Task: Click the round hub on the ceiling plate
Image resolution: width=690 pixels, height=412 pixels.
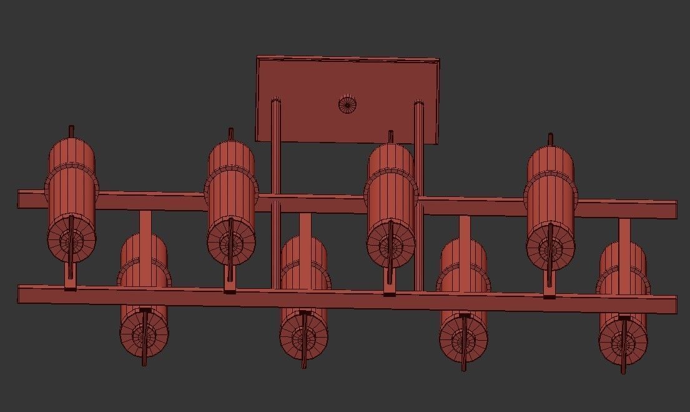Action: point(348,104)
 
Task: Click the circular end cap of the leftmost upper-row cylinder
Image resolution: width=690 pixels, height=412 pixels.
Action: point(70,240)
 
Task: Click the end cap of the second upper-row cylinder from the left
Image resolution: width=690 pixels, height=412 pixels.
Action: point(230,243)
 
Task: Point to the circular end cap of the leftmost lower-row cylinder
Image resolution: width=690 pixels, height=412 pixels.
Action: point(144,334)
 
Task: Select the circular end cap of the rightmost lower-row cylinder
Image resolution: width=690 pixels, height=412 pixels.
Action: point(623,343)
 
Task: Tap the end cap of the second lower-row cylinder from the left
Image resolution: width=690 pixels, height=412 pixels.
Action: point(304,338)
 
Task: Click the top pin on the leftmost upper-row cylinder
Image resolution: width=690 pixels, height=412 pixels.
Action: point(71,131)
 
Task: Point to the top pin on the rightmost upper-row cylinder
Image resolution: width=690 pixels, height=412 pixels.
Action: point(550,139)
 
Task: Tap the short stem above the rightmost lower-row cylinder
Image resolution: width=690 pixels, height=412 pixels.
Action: point(624,230)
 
